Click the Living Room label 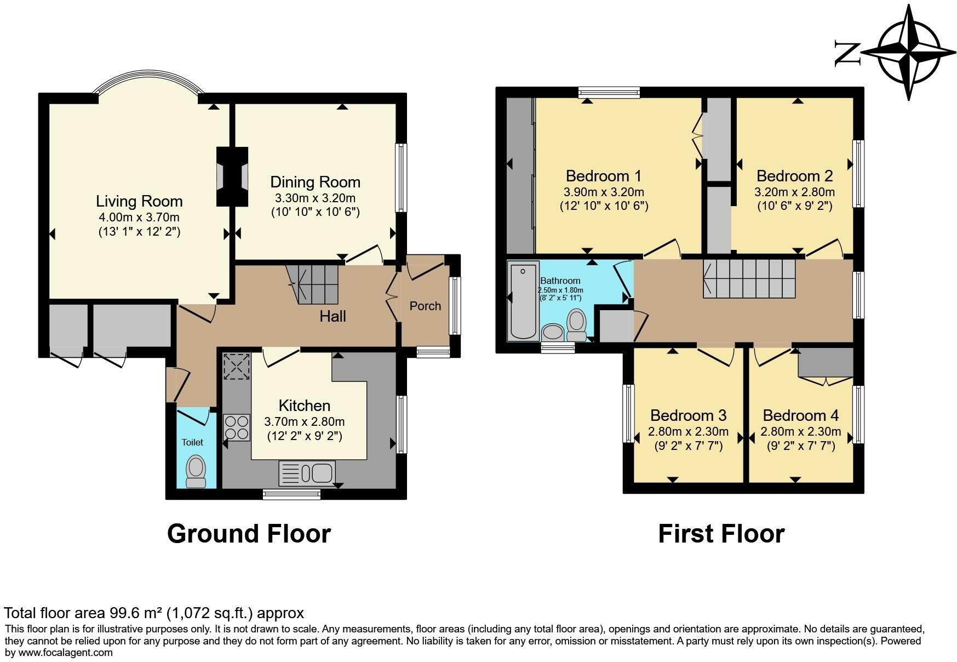click(139, 201)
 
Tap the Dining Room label click(316, 182)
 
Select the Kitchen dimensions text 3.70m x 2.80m click(305, 421)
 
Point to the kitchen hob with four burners click(237, 427)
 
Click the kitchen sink click(307, 473)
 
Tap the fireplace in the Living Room click(232, 176)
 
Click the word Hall click(333, 316)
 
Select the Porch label click(425, 306)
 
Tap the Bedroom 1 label click(604, 176)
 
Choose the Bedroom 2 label click(794, 176)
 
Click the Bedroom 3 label click(689, 415)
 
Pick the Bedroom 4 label click(800, 415)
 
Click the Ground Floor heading click(249, 533)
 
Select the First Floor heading click(721, 533)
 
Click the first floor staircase click(749, 278)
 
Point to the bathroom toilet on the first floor click(576, 324)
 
